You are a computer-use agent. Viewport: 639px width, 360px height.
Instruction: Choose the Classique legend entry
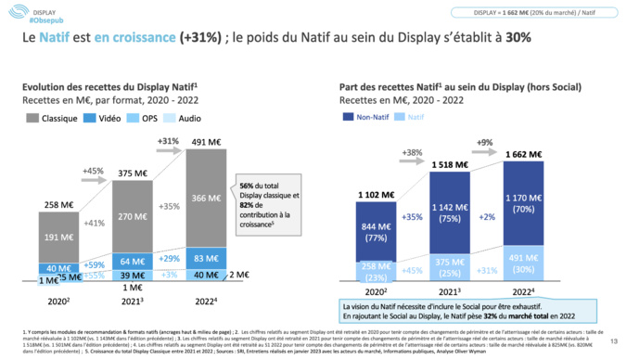pyautogui.click(x=57, y=119)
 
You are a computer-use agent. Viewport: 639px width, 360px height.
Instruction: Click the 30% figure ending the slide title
pyautogui.click(x=518, y=39)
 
